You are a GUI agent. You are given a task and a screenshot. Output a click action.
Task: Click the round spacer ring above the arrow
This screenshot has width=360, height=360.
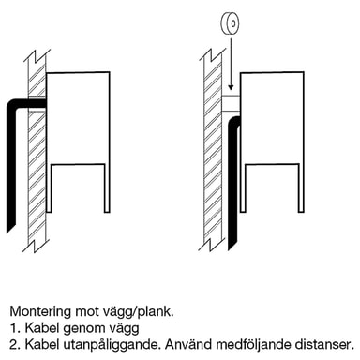(231, 23)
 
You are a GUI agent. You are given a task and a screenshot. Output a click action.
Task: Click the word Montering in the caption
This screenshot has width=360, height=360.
(40, 312)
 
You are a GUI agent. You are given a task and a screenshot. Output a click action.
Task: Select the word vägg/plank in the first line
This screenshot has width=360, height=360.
(138, 312)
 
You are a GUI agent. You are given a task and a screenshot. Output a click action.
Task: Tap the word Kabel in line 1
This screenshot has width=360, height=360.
(42, 328)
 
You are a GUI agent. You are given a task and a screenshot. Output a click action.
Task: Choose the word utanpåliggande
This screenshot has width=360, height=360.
(112, 345)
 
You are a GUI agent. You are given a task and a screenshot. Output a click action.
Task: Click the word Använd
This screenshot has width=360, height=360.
(188, 344)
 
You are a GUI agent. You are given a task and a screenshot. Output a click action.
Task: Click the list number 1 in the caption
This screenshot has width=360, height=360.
(14, 328)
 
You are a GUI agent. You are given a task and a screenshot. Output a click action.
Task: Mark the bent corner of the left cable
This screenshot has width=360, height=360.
(12, 105)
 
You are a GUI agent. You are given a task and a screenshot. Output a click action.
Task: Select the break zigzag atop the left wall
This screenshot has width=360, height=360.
(36, 56)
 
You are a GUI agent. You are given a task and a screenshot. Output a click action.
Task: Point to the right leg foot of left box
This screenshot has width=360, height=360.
(107, 211)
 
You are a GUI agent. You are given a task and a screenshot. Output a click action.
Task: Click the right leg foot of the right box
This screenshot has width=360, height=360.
(301, 211)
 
